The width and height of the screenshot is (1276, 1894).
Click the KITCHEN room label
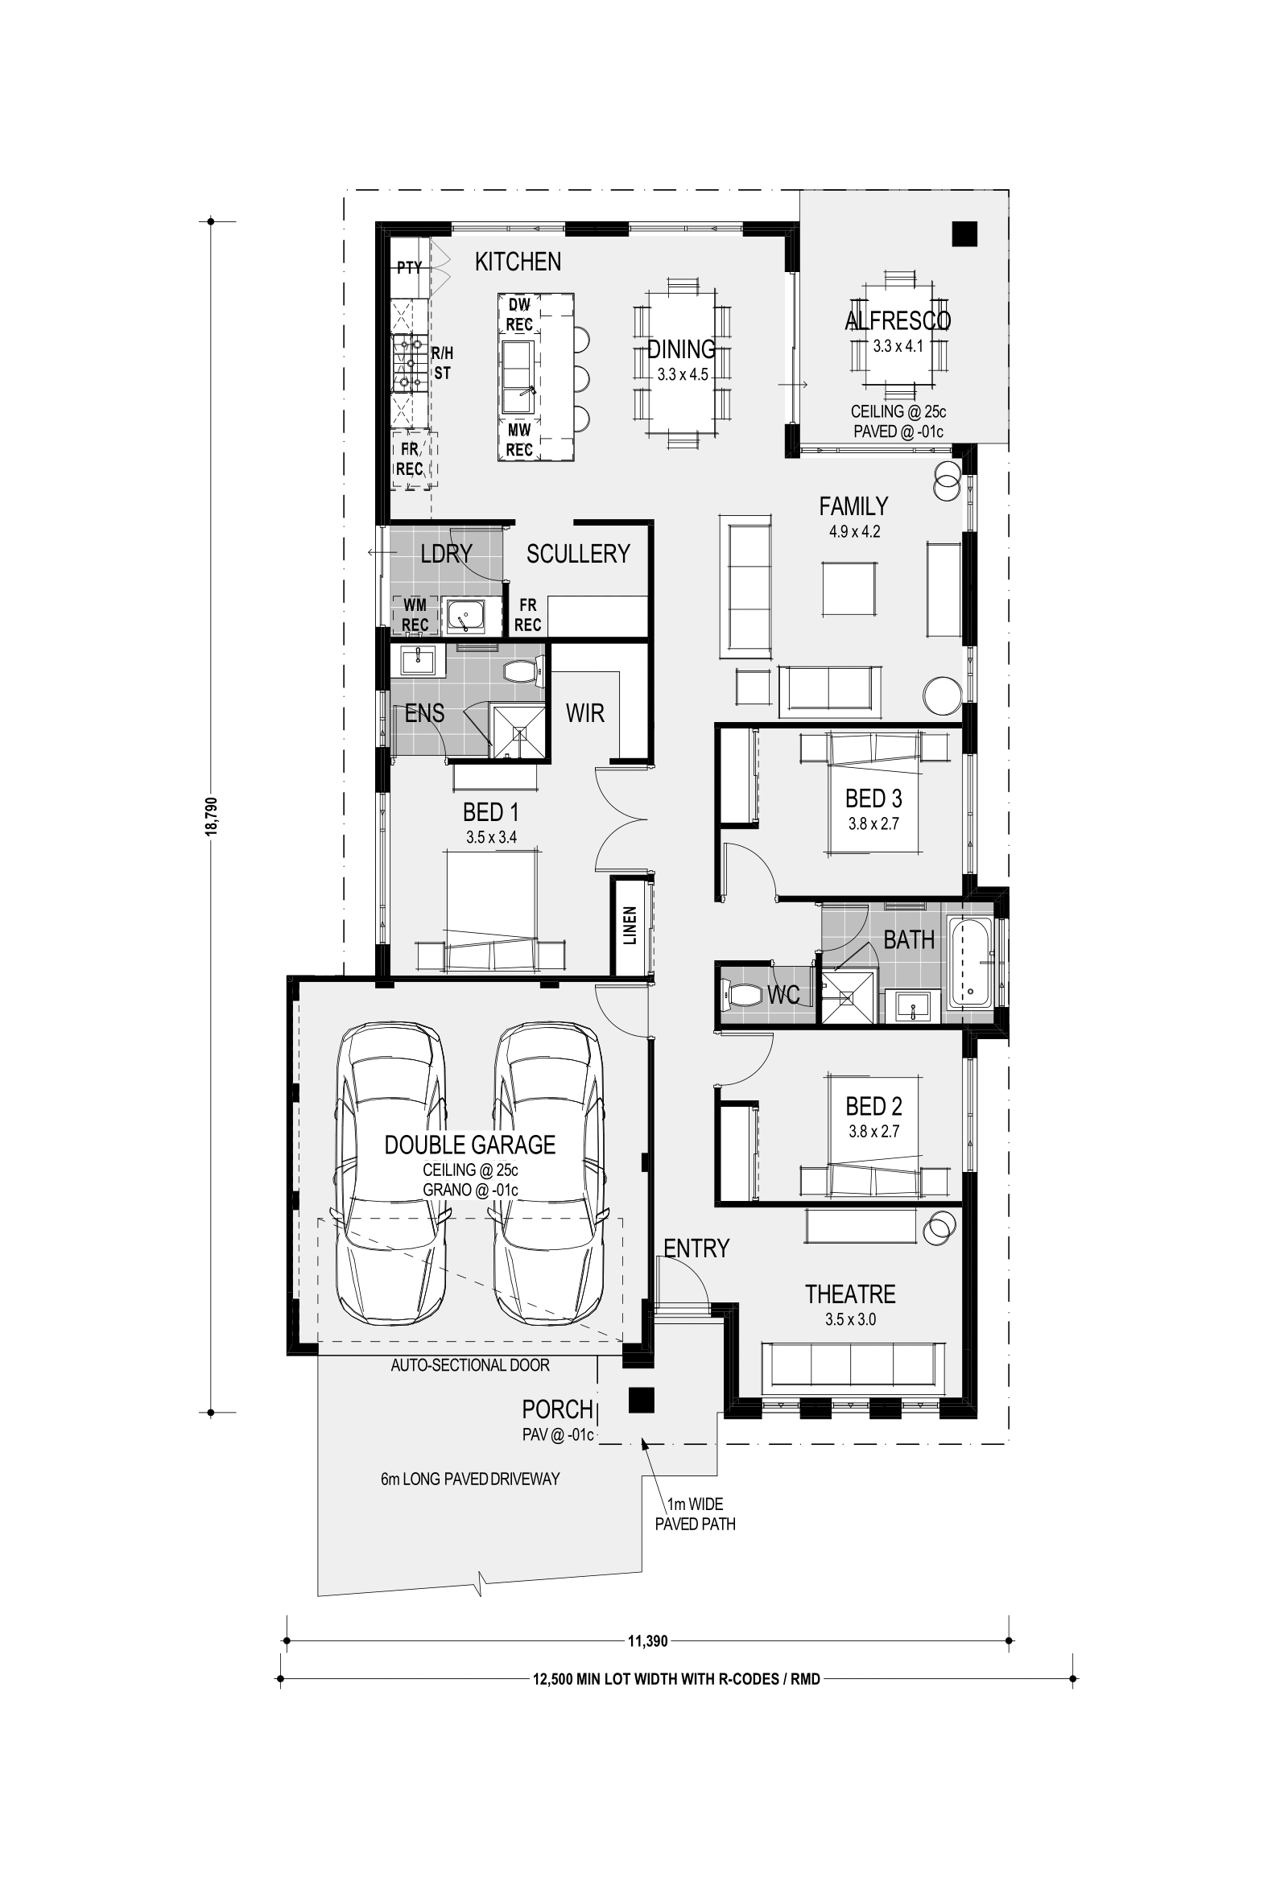(x=518, y=261)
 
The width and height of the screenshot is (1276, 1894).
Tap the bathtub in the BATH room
(x=969, y=964)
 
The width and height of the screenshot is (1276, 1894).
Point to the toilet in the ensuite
(x=522, y=671)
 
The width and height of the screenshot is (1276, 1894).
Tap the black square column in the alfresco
(x=964, y=234)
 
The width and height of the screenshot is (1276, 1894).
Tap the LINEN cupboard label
(x=630, y=926)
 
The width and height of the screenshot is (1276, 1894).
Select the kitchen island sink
(x=519, y=378)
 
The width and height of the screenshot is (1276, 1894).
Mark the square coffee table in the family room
(x=849, y=588)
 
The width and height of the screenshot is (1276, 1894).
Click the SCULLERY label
(x=578, y=553)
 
